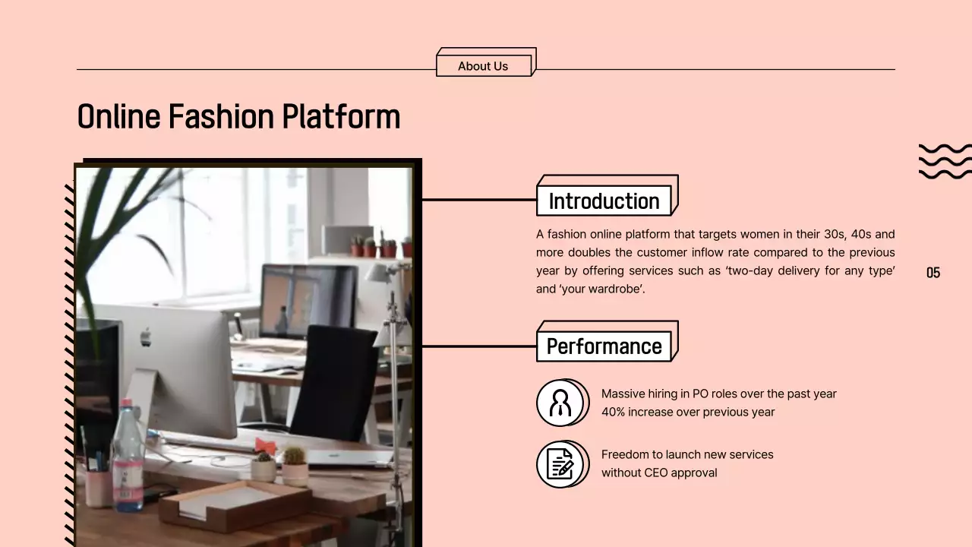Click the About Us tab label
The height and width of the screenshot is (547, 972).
(483, 66)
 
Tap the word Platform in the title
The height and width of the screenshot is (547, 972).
(341, 117)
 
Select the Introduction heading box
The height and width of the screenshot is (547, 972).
(604, 201)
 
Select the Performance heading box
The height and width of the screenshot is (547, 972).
(604, 346)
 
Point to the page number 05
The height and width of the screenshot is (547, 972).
(933, 273)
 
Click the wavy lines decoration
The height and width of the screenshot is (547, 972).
(945, 161)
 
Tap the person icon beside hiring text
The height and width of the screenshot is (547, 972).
(560, 403)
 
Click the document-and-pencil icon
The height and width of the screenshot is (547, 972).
(560, 463)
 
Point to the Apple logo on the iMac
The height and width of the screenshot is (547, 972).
(145, 337)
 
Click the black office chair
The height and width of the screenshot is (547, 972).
(334, 384)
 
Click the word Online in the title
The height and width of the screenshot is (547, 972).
(118, 117)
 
